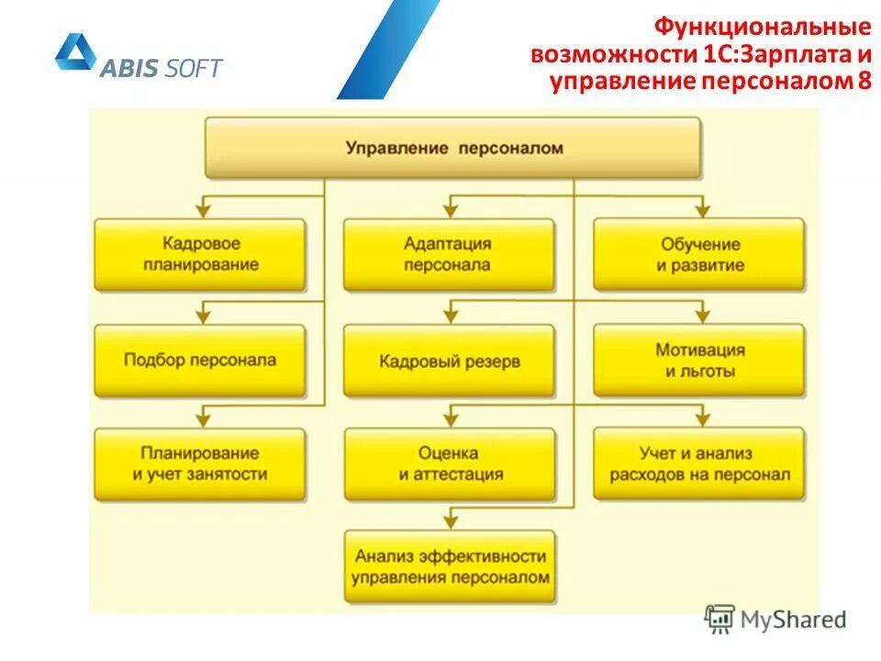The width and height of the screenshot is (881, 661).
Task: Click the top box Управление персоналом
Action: tap(453, 147)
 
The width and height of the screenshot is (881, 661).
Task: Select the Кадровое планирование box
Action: tap(200, 254)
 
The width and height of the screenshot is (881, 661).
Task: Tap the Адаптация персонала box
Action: tap(449, 254)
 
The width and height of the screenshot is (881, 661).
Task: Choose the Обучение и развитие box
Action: tap(698, 254)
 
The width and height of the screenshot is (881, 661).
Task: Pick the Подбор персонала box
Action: tap(200, 361)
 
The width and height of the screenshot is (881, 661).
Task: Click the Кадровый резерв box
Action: tap(449, 361)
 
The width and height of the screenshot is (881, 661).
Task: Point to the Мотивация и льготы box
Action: tap(698, 361)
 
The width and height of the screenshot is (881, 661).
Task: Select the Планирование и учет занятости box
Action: tap(200, 464)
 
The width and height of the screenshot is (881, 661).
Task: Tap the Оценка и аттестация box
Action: tap(449, 464)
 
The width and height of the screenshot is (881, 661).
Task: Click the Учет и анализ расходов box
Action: tap(698, 464)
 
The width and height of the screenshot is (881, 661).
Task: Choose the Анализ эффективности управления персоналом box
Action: tap(449, 566)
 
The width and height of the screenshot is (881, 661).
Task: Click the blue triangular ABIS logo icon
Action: tap(74, 54)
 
